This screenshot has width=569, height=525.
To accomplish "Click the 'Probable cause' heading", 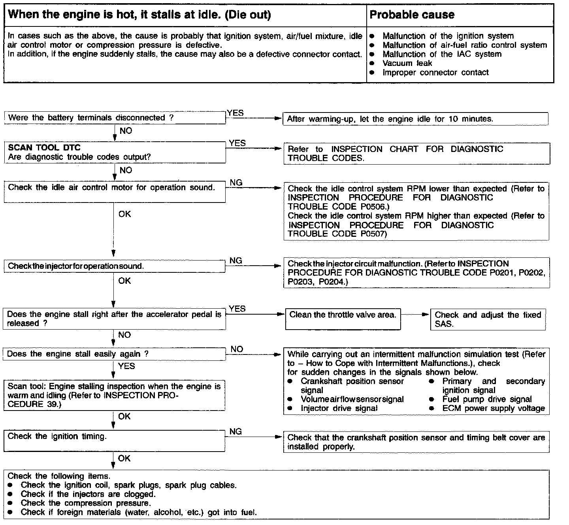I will coord(412,15).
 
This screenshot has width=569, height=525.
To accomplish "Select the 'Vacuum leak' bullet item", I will coord(407,63).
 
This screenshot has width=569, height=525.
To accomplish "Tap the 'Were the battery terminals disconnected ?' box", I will coord(115,118).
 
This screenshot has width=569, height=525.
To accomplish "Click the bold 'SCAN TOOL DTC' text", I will coord(44,148).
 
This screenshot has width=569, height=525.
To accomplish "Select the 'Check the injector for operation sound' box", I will coord(115,266).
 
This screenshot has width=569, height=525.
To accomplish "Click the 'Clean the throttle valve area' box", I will coord(343,319).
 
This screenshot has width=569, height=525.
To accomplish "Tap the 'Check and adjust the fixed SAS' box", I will coord(488,319).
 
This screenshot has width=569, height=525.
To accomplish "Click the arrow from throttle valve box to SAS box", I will coord(415,315).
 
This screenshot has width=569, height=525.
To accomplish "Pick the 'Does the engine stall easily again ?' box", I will coord(115,354).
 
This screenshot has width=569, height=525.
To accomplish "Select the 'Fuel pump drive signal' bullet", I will coord(487,399).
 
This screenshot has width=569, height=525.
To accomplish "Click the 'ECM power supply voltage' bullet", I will coord(493,408).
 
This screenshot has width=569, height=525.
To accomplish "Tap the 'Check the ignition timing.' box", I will coord(115,441).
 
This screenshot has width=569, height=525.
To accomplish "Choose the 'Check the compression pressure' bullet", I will coord(86,503).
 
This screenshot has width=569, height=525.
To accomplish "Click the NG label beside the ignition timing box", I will coord(236,431).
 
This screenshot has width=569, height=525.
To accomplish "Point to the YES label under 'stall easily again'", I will coord(126,366).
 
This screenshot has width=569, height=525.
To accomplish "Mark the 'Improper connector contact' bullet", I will coord(435,72).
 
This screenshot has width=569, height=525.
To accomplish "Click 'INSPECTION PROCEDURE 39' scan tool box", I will coord(115,395).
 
